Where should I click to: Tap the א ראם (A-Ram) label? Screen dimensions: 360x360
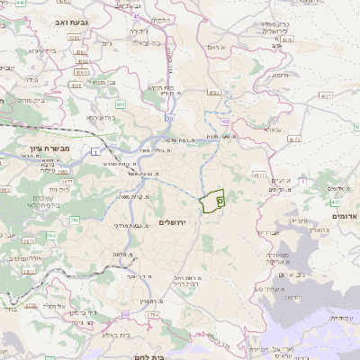coord(214,46)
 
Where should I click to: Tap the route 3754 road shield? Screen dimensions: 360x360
coord(152,314)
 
